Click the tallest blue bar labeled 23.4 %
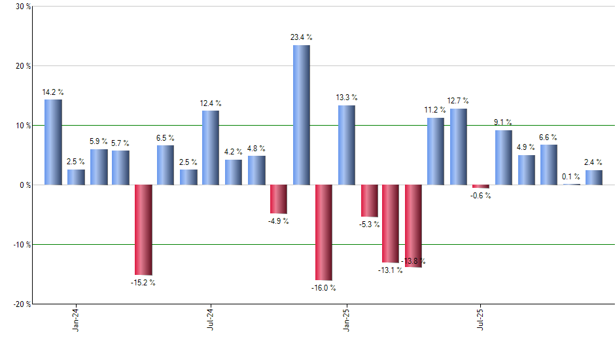[301, 115]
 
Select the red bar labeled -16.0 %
[324, 232]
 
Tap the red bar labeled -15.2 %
[143, 230]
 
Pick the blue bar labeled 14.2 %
[53, 142]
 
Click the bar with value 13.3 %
[347, 145]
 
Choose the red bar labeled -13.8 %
[413, 226]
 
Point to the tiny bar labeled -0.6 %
[481, 187]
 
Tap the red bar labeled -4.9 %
[279, 199]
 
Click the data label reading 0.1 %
[571, 177]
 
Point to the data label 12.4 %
[211, 103]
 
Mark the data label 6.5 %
[166, 138]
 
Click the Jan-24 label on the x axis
[76, 319]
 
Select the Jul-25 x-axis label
[481, 319]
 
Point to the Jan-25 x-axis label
[346, 319]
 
